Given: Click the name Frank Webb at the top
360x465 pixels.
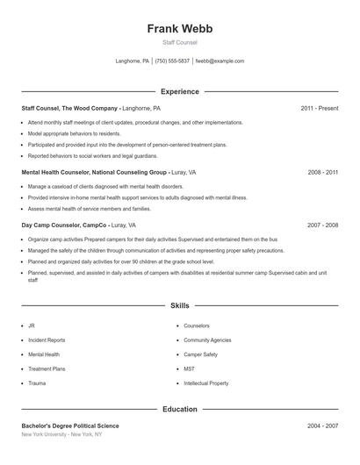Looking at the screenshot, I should (x=180, y=28).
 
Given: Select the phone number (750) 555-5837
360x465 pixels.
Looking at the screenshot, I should (x=173, y=61).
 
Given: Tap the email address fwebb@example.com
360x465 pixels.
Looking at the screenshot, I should (x=220, y=61).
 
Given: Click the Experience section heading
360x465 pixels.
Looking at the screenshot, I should (x=180, y=91).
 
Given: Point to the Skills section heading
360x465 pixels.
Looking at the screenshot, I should (x=180, y=305).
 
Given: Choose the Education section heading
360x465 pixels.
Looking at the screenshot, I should (x=180, y=409).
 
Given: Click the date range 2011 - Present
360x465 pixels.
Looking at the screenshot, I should (x=319, y=108).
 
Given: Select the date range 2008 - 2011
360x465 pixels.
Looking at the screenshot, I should (x=322, y=173).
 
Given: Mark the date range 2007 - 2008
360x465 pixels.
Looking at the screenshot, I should (x=322, y=225).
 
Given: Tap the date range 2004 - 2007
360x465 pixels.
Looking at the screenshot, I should (x=322, y=426).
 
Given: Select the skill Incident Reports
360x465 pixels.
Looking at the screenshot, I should (x=47, y=340).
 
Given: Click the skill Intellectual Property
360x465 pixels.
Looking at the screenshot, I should (x=205, y=383).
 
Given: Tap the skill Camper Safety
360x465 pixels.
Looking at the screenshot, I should (x=200, y=354).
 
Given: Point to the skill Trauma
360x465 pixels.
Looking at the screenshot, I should (x=37, y=383).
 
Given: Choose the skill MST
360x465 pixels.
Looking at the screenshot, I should (x=189, y=369).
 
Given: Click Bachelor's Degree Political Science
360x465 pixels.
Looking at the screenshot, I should (x=70, y=426).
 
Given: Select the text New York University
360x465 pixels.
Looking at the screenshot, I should (x=45, y=434).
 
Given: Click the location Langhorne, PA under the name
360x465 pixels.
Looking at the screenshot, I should (x=133, y=61).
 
